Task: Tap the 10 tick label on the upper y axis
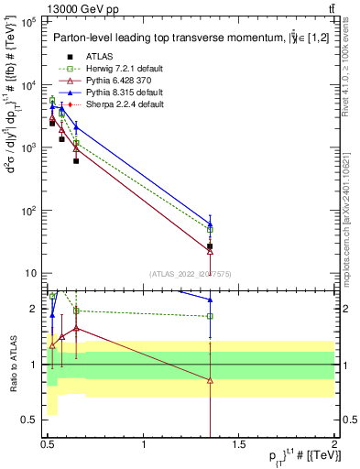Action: pos(29,273)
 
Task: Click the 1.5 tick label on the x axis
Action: pos(239,444)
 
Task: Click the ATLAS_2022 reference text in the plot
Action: pos(191,273)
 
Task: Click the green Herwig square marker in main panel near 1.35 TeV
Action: pos(211,229)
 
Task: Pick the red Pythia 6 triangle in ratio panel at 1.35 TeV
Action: pos(211,380)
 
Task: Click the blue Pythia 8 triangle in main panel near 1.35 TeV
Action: pos(211,223)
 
